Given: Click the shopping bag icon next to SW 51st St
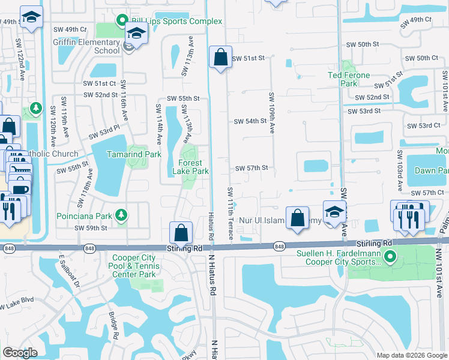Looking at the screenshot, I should click(220, 58).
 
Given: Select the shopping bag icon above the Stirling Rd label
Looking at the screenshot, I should click(181, 233).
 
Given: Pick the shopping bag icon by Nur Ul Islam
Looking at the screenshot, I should click(297, 218).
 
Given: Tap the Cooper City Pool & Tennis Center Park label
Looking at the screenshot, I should click(134, 266).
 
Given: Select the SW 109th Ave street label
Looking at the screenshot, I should click(272, 113).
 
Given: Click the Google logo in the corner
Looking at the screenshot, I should click(20, 353).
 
